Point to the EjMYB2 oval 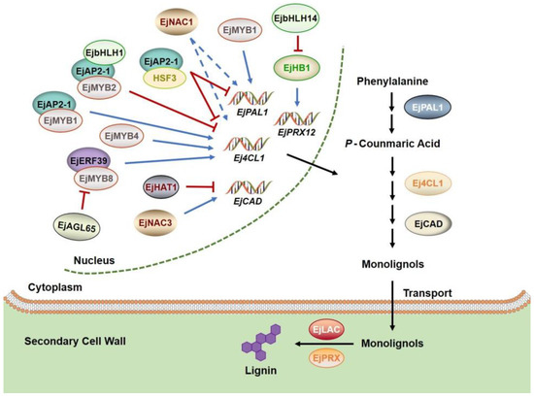[100, 88]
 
